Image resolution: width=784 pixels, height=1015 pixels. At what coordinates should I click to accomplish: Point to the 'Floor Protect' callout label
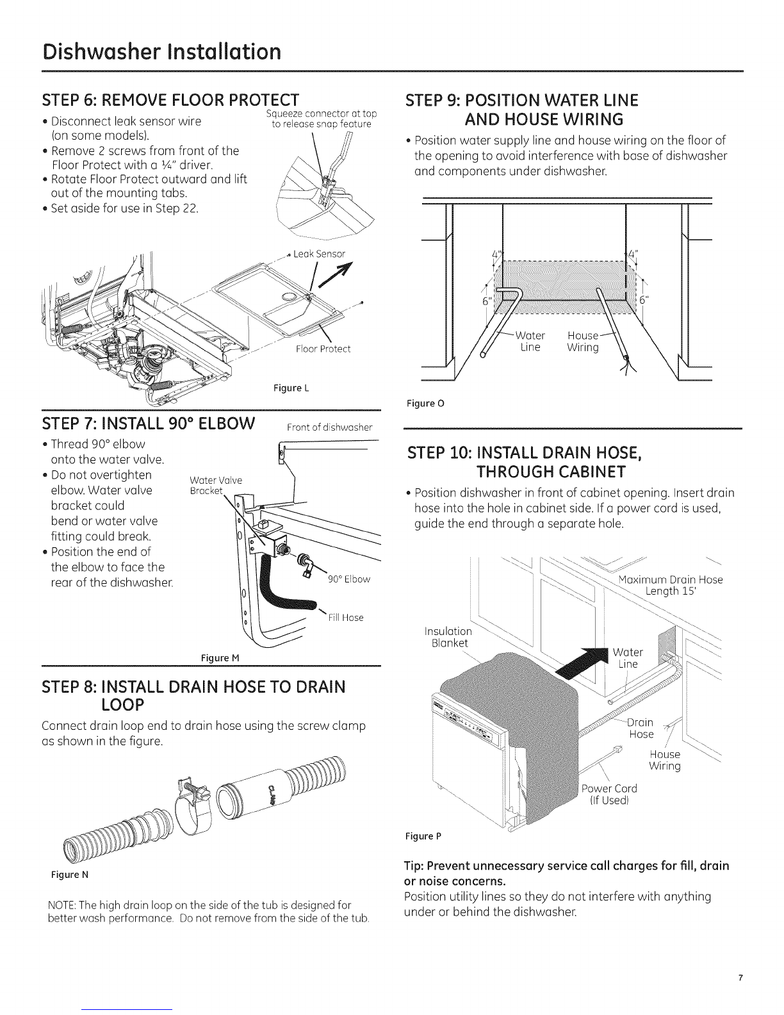click(323, 349)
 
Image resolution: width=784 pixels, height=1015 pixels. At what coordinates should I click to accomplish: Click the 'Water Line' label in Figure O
click(530, 341)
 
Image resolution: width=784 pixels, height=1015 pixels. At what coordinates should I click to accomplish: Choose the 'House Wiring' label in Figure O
click(583, 341)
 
